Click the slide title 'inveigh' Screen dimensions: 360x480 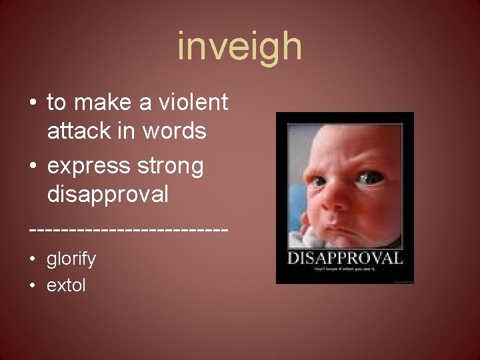click(240, 47)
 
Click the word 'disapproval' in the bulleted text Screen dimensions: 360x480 click(107, 194)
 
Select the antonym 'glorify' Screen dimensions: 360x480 click(71, 259)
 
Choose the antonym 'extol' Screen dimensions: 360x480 click(66, 286)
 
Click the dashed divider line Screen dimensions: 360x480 click(129, 228)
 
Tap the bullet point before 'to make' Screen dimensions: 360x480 click(33, 104)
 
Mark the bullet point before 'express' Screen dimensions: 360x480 click(33, 165)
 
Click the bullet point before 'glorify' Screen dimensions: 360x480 click(33, 259)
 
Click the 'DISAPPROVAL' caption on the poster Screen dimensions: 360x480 click(345, 259)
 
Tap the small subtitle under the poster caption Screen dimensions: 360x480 click(345, 269)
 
